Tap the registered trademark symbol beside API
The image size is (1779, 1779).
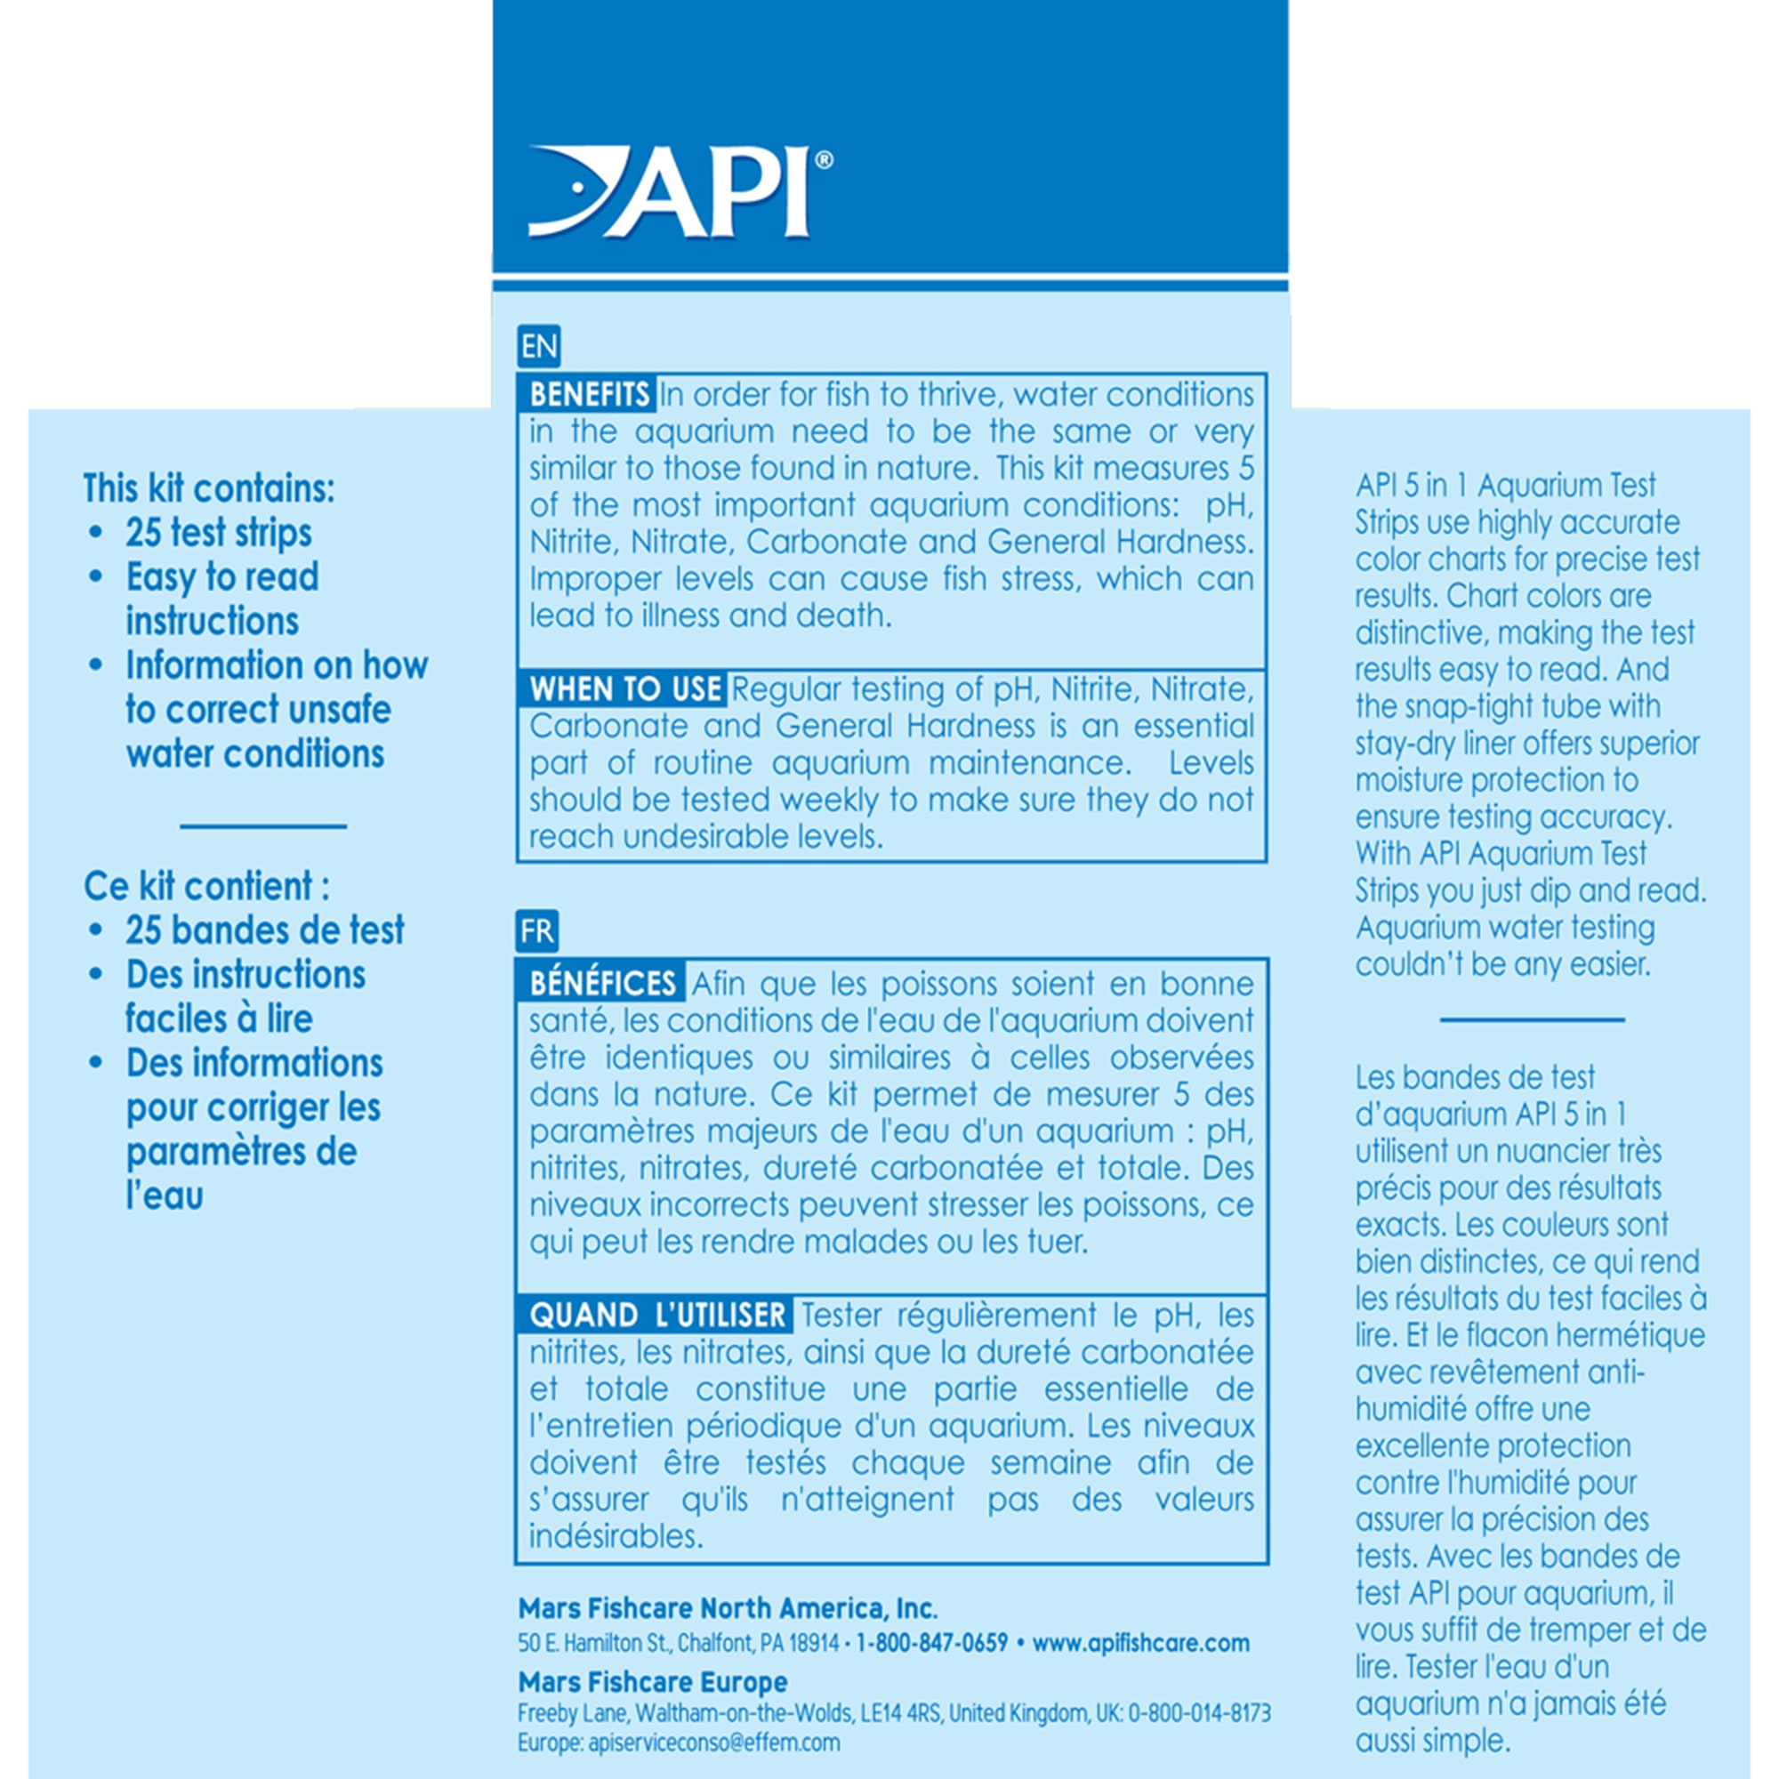pyautogui.click(x=825, y=160)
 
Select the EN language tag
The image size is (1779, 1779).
pyautogui.click(x=539, y=346)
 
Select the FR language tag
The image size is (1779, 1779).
pyautogui.click(x=537, y=931)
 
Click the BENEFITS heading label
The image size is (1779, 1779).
pyautogui.click(x=587, y=394)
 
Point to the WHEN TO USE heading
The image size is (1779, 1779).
pyautogui.click(x=624, y=688)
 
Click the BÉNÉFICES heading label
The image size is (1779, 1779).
pyautogui.click(x=602, y=984)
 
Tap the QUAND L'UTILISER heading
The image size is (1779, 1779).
pyautogui.click(x=656, y=1315)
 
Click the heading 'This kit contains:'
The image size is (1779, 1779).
pyautogui.click(x=209, y=488)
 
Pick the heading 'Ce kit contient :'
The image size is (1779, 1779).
pyautogui.click(x=206, y=886)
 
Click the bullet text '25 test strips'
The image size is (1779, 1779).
pyautogui.click(x=218, y=532)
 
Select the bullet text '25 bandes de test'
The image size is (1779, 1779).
pyautogui.click(x=264, y=930)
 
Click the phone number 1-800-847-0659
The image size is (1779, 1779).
pyautogui.click(x=931, y=1644)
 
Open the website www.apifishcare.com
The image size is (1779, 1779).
pyautogui.click(x=1141, y=1644)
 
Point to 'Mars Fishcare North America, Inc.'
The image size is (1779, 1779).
pyautogui.click(x=728, y=1608)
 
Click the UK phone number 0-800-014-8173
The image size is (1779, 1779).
pyautogui.click(x=1199, y=1714)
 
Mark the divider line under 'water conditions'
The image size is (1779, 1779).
pyautogui.click(x=262, y=826)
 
